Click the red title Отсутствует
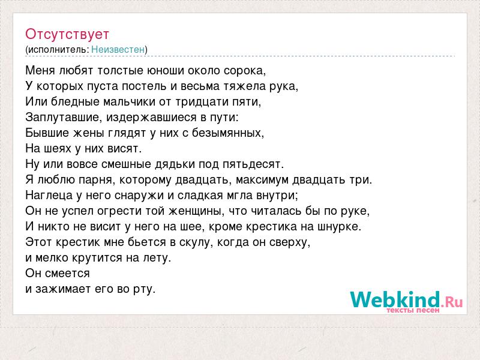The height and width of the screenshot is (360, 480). (67, 34)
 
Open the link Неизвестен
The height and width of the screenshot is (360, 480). (118, 50)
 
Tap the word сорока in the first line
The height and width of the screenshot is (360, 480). (245, 71)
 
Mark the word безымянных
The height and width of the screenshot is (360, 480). (228, 133)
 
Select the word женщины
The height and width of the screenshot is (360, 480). (196, 211)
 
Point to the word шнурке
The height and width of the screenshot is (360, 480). (340, 227)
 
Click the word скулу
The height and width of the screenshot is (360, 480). (196, 242)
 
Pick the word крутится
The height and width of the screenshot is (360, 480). (97, 258)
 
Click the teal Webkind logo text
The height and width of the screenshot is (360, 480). (395, 299)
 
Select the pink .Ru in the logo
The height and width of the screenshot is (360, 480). (452, 302)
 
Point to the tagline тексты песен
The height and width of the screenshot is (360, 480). (413, 310)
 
